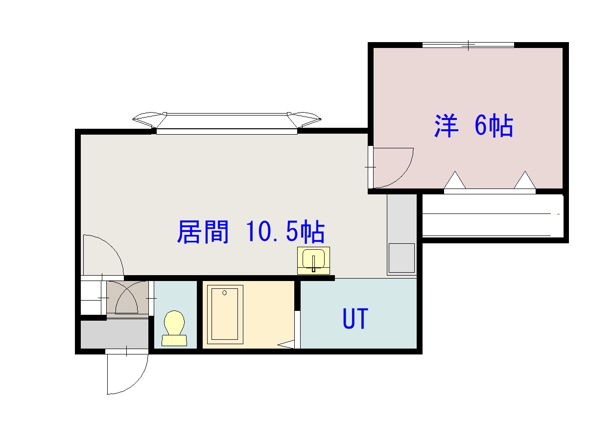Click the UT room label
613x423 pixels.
355,319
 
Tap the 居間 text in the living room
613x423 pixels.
203,232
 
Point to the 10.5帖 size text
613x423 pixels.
285,232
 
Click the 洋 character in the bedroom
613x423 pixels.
446,126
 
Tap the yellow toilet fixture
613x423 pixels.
174,328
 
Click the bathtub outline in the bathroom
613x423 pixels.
225,314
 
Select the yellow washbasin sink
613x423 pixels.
313,260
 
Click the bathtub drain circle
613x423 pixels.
225,293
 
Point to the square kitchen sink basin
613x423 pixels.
402,258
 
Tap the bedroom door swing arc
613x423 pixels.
401,175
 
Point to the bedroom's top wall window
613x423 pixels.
468,45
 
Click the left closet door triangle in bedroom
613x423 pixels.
455,180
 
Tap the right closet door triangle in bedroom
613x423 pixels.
525,180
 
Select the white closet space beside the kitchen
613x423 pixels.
493,216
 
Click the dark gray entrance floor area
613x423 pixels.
115,334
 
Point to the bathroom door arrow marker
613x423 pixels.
286,344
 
